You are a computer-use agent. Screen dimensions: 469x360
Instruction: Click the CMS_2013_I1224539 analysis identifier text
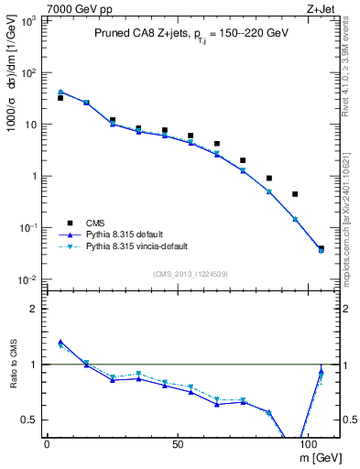(x=191, y=274)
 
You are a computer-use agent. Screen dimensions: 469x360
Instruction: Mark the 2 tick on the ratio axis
(x=33, y=309)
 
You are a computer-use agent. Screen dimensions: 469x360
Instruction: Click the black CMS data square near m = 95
(x=295, y=194)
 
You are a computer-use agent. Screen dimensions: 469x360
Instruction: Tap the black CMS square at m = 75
(x=243, y=160)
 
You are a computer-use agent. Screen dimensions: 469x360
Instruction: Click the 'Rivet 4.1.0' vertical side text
(x=351, y=82)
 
